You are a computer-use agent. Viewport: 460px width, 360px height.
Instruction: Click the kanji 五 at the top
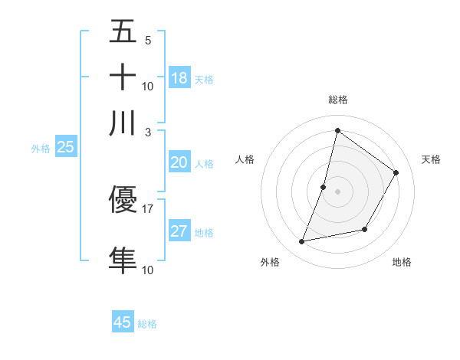point(123,33)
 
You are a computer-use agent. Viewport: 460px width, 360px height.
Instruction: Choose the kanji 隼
point(123,260)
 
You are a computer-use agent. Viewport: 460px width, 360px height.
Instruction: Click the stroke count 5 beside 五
point(148,41)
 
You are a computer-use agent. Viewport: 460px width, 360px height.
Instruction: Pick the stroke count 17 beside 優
point(148,208)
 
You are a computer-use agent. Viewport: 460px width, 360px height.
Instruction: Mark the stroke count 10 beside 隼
point(148,269)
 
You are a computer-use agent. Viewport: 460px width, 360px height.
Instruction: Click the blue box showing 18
point(179,78)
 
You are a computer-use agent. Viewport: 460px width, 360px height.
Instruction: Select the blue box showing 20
point(179,162)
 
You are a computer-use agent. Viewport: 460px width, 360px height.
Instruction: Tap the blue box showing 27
point(179,231)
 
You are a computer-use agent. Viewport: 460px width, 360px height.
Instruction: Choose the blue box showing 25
point(65,148)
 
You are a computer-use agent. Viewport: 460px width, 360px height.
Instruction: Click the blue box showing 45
point(123,322)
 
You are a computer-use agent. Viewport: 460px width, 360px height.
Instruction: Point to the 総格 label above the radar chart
point(338,100)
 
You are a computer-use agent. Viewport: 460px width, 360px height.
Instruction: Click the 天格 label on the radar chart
point(431,159)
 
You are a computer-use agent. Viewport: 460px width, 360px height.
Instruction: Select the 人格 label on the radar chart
point(245,159)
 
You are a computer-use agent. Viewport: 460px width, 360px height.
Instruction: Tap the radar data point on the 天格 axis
point(396,172)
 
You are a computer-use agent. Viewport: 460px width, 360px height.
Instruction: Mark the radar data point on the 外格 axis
point(302,242)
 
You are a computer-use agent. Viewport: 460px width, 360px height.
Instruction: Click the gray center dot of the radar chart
point(337,191)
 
